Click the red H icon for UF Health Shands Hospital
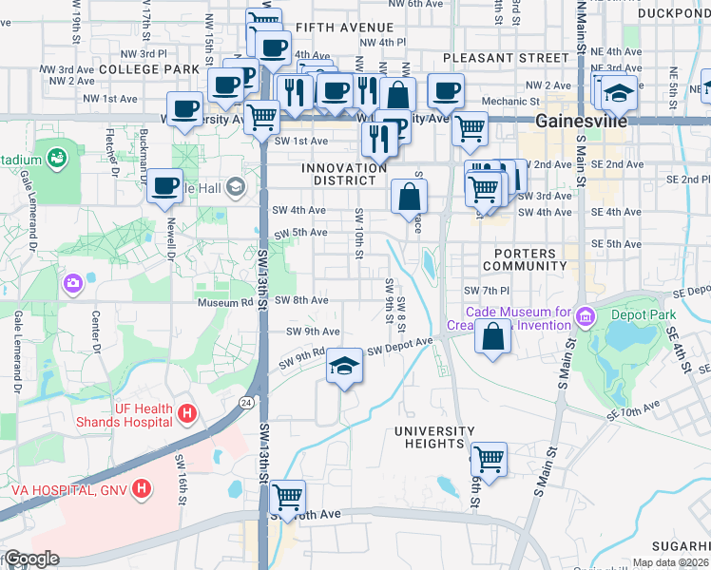(187, 413)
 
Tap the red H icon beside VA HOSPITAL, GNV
(142, 490)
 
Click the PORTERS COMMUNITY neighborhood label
(524, 259)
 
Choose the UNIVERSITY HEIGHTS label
(434, 438)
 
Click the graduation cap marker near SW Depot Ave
(344, 367)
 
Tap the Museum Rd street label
(223, 302)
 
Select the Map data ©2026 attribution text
(668, 562)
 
